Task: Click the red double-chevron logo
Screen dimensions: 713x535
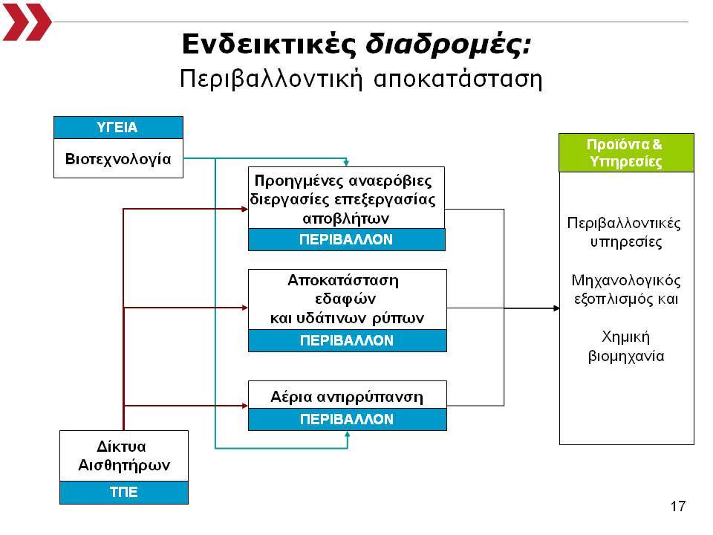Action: [x=27, y=22]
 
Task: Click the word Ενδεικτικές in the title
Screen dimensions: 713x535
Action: [x=269, y=45]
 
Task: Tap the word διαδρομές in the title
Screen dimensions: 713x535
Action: [x=449, y=45]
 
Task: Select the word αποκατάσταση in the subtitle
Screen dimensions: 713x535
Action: [x=458, y=79]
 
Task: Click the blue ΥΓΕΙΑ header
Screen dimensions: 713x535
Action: [x=118, y=127]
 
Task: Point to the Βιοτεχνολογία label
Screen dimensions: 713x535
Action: [x=118, y=159]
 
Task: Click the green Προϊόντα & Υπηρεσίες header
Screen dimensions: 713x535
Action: [x=626, y=153]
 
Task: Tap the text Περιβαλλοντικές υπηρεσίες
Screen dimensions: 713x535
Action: [x=625, y=233]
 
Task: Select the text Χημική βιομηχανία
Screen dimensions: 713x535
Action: [x=626, y=346]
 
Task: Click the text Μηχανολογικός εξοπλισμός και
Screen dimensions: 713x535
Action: [x=626, y=289]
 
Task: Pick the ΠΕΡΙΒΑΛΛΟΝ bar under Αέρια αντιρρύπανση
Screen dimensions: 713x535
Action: [x=348, y=419]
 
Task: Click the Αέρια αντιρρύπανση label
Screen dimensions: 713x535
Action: [x=347, y=397]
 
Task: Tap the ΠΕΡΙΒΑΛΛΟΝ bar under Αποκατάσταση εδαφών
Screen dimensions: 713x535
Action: [x=348, y=340]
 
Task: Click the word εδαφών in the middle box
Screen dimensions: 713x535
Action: [x=345, y=299]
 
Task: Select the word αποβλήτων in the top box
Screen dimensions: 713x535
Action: [x=345, y=218]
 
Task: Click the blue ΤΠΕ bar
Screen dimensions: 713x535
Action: [x=124, y=492]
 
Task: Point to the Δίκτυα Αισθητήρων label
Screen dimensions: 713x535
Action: [x=124, y=455]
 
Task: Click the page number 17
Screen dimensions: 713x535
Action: [x=677, y=506]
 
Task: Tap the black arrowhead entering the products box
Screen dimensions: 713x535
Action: [x=556, y=308]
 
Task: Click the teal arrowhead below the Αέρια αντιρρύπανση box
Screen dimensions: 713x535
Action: [x=348, y=435]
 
